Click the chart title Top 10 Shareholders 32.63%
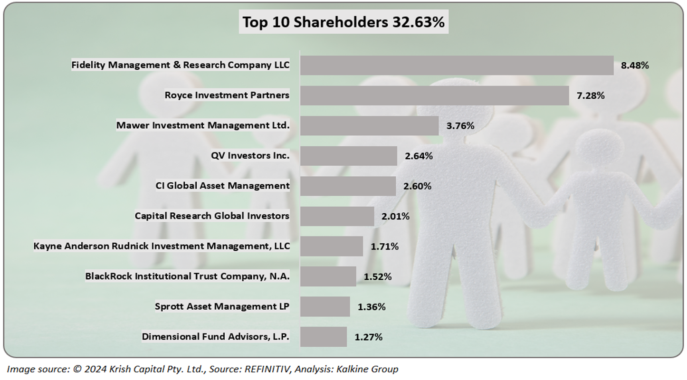click(x=343, y=22)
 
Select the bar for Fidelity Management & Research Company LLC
click(x=457, y=66)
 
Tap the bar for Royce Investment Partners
click(x=434, y=95)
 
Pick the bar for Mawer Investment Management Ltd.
click(x=369, y=126)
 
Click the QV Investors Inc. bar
click(x=348, y=156)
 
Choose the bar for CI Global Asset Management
click(x=348, y=186)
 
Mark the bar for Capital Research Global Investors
click(x=337, y=216)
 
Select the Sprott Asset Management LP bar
click(x=325, y=306)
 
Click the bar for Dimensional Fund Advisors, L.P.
click(x=323, y=337)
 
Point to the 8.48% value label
click(x=634, y=66)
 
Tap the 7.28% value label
click(x=591, y=95)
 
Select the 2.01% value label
click(x=395, y=216)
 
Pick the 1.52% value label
click(x=378, y=276)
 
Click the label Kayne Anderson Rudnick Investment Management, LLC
click(x=161, y=246)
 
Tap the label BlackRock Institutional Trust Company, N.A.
click(x=187, y=276)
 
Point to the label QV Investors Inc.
click(x=250, y=155)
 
